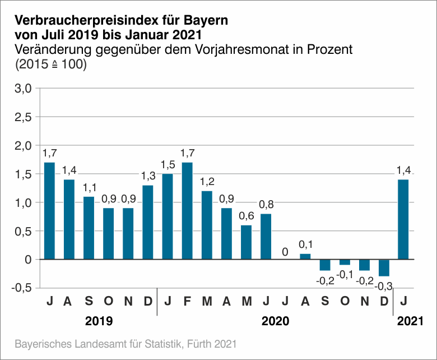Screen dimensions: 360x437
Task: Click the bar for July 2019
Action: (x=49, y=211)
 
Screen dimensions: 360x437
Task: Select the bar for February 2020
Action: (x=187, y=211)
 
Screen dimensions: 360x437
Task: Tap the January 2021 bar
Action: (x=403, y=219)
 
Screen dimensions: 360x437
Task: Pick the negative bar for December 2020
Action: (x=384, y=268)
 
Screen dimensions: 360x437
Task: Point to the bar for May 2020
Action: (x=247, y=242)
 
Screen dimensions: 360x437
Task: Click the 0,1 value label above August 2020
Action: (x=305, y=244)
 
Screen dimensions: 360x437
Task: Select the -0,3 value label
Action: (x=384, y=286)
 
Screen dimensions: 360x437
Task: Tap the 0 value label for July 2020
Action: (x=285, y=252)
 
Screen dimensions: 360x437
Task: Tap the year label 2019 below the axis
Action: (x=99, y=322)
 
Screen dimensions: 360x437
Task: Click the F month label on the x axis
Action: (x=187, y=302)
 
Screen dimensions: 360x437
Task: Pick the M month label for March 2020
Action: (x=207, y=302)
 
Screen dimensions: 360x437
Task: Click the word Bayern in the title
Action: (x=206, y=21)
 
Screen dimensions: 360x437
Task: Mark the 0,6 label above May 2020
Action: (x=247, y=216)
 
